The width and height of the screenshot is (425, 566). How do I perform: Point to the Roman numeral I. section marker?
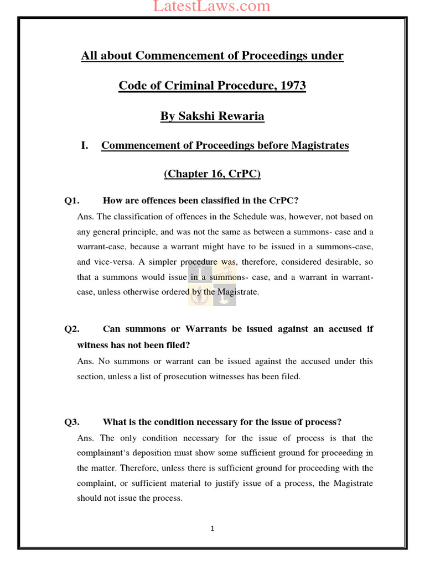tap(85, 145)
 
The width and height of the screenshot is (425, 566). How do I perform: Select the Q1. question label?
tap(72, 201)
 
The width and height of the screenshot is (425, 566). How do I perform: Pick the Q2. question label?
tap(72, 329)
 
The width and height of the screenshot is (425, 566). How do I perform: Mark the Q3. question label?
tap(72, 422)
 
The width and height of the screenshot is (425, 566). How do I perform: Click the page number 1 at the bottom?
tap(212, 528)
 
